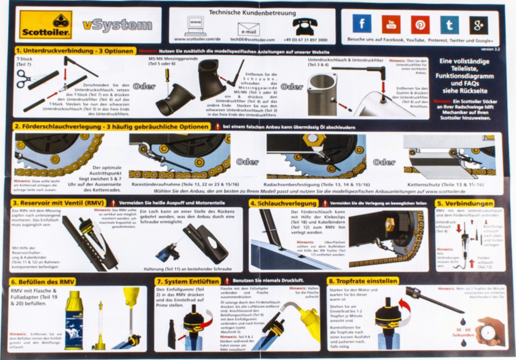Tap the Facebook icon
click(x=362, y=24)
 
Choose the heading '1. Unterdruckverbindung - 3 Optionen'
click(x=75, y=51)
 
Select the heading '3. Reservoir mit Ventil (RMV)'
click(x=59, y=203)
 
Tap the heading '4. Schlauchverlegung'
click(x=283, y=203)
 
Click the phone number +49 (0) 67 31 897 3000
click(x=305, y=40)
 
